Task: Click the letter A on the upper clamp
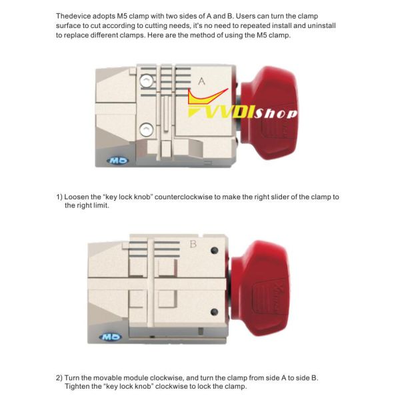(x=201, y=81)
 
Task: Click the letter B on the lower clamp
(x=193, y=244)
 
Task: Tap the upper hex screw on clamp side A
(x=147, y=81)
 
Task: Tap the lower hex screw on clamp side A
(x=147, y=129)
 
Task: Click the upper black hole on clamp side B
(x=215, y=250)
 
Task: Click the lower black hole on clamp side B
(x=215, y=312)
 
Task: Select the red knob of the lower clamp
(x=261, y=287)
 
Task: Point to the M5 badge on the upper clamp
(x=117, y=161)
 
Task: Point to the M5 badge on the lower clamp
(x=110, y=337)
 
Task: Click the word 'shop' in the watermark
(x=276, y=114)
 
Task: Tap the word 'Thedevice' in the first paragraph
(x=73, y=16)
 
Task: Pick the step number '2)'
(x=59, y=378)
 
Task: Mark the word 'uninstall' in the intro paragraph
(x=321, y=25)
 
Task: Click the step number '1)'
(x=59, y=197)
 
